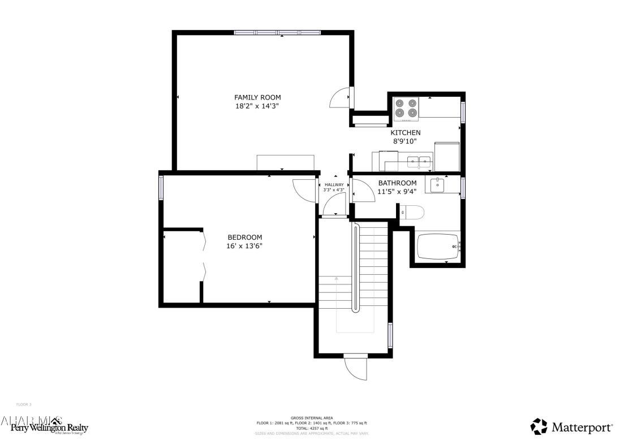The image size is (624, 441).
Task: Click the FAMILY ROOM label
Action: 257,97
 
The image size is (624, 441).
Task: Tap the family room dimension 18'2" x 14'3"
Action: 257,106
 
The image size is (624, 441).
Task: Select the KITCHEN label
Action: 405,133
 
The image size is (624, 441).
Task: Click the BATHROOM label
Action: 397,183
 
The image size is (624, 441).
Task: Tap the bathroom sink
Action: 437,185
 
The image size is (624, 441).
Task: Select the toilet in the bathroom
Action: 413,213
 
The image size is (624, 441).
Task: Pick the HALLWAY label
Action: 334,185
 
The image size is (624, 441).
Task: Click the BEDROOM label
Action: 244,237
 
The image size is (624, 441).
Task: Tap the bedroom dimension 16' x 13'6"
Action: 244,246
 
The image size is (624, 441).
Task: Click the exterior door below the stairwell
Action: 356,368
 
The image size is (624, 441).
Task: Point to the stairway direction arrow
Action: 337,279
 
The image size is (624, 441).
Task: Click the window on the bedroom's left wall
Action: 161,188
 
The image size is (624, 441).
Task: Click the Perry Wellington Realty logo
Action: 45,426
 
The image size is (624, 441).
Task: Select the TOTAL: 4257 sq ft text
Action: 312,428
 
